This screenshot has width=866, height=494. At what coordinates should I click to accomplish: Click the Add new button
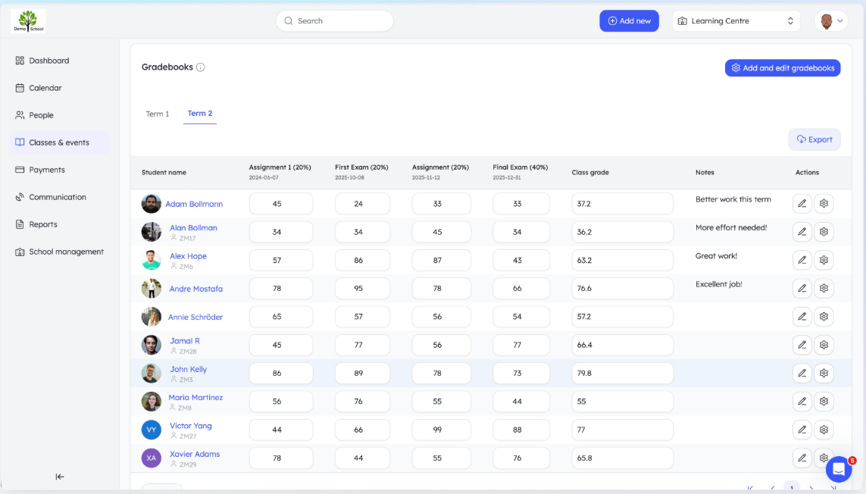pyautogui.click(x=629, y=21)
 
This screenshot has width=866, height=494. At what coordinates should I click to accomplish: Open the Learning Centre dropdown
pyautogui.click(x=736, y=21)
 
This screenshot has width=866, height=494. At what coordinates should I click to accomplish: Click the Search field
pyautogui.click(x=335, y=21)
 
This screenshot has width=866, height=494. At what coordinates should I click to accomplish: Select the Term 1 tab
pyautogui.click(x=158, y=114)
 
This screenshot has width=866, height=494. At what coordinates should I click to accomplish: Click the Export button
pyautogui.click(x=814, y=139)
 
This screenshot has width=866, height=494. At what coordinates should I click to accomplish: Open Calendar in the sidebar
pyautogui.click(x=45, y=88)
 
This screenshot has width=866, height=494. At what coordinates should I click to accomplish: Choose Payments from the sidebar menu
pyautogui.click(x=47, y=170)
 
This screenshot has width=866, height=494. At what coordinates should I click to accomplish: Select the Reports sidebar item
pyautogui.click(x=43, y=224)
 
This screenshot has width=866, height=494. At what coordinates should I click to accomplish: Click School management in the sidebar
pyautogui.click(x=66, y=252)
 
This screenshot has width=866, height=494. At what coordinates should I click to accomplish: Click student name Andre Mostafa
pyautogui.click(x=195, y=289)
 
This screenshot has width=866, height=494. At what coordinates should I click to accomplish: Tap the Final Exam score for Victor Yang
pyautogui.click(x=517, y=430)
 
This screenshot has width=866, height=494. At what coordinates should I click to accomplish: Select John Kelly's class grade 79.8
pyautogui.click(x=622, y=374)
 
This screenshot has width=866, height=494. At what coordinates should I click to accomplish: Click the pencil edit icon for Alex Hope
pyautogui.click(x=802, y=260)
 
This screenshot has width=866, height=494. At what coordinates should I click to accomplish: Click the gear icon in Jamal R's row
pyautogui.click(x=824, y=345)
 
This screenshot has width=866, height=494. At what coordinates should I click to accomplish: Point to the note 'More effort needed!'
pyautogui.click(x=731, y=227)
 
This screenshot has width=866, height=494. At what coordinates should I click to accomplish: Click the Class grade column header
pyautogui.click(x=590, y=173)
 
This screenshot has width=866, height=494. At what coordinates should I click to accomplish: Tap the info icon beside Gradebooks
pyautogui.click(x=201, y=67)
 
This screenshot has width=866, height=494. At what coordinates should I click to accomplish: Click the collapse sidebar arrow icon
pyautogui.click(x=60, y=477)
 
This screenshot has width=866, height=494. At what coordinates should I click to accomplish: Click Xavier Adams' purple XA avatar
pyautogui.click(x=152, y=458)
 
